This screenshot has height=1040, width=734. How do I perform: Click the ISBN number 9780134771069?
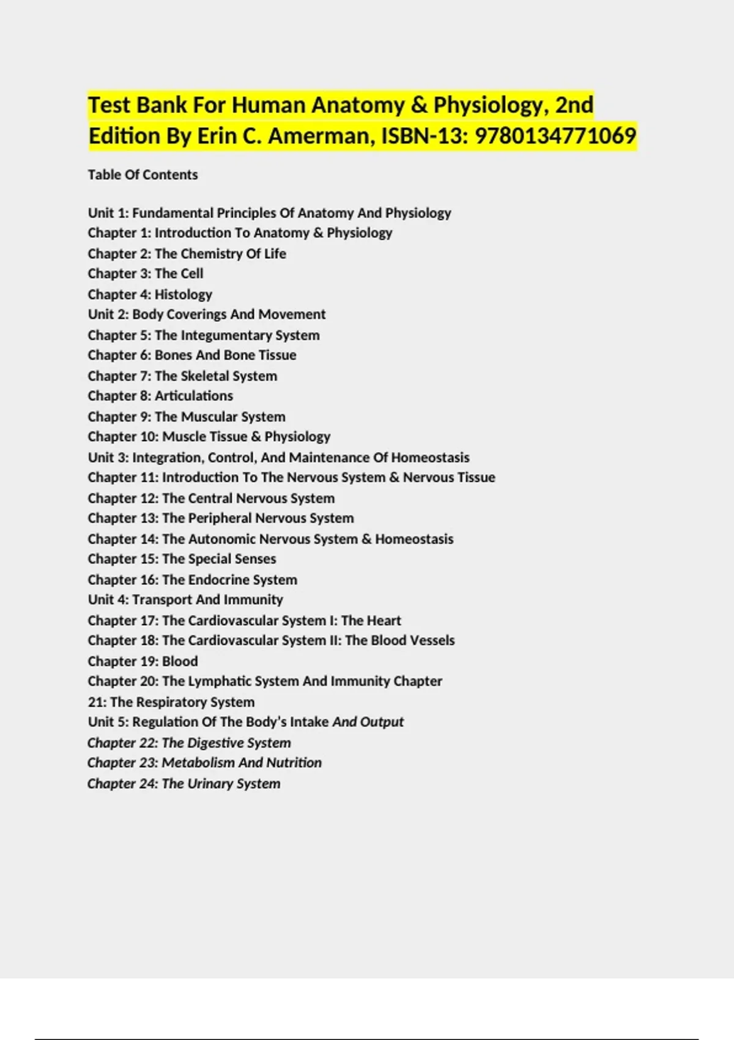point(555,136)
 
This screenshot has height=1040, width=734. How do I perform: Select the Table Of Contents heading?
point(143,175)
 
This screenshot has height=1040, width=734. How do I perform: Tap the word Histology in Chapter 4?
point(183,294)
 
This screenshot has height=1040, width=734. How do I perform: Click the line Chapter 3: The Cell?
point(145,273)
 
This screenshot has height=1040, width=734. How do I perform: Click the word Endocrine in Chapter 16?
point(219,579)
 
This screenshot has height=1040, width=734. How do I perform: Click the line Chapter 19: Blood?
point(143,661)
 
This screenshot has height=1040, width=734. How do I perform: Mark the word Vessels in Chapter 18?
point(432,641)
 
